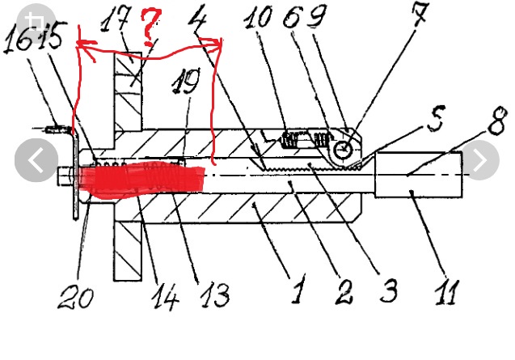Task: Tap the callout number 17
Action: pyautogui.click(x=114, y=19)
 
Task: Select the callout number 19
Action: pyautogui.click(x=186, y=82)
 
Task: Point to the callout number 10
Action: pyautogui.click(x=259, y=17)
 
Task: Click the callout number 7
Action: pyautogui.click(x=420, y=14)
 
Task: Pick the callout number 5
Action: pyautogui.click(x=436, y=119)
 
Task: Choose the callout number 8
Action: pyautogui.click(x=497, y=121)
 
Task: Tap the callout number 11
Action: pyautogui.click(x=447, y=293)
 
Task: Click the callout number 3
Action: pyautogui.click(x=389, y=290)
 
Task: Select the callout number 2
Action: pyautogui.click(x=344, y=292)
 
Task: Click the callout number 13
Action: pyautogui.click(x=215, y=295)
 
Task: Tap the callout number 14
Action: pyautogui.click(x=165, y=297)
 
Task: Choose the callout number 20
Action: pyautogui.click(x=76, y=297)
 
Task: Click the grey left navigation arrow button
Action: pyautogui.click(x=36, y=160)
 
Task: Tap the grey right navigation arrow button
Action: pyautogui.click(x=481, y=160)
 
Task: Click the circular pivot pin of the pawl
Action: pyautogui.click(x=344, y=150)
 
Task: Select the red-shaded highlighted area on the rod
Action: pyautogui.click(x=141, y=179)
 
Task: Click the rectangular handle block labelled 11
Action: pyautogui.click(x=419, y=175)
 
